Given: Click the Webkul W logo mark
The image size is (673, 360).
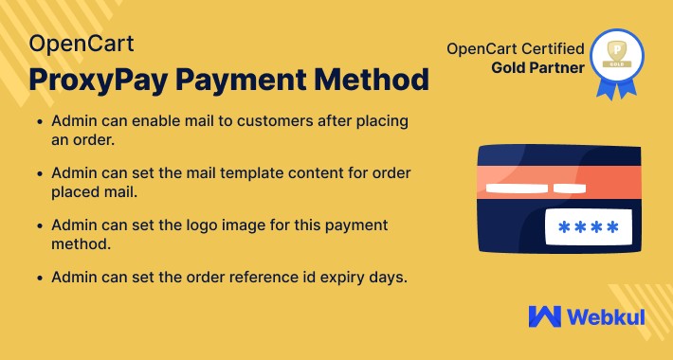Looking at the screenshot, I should [x=545, y=316].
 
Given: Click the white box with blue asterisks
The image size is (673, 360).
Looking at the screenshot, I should [x=588, y=228].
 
